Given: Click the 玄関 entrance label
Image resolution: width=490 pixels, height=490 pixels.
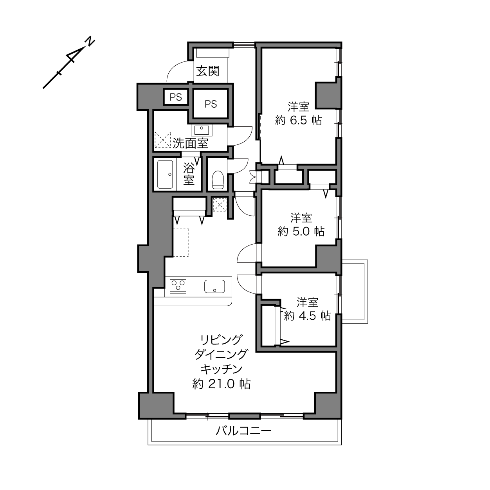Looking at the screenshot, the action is tap(208, 71).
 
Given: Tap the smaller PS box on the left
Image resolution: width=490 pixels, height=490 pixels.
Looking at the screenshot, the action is tap(176, 97).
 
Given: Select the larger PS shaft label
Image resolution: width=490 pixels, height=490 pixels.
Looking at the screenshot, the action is tap(211, 104).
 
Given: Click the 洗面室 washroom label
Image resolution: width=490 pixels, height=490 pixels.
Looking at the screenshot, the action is tap(191, 143).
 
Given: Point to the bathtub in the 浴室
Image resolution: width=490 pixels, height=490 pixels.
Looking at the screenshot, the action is tap(165, 174).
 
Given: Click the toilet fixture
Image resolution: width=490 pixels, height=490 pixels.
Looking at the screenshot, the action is tap(218, 180).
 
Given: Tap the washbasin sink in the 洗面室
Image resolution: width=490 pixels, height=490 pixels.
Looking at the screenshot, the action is tap(202, 130).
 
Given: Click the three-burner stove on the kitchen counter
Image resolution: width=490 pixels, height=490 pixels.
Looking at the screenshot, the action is tap(178, 286).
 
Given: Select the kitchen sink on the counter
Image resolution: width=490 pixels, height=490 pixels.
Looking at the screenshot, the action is tap(214, 286).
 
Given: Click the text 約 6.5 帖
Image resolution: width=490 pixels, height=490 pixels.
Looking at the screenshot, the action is tap(299, 120).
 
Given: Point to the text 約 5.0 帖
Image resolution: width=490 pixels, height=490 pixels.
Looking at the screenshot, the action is tap(301, 231).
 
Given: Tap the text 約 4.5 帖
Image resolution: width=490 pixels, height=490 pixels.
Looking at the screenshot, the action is tap(308, 316).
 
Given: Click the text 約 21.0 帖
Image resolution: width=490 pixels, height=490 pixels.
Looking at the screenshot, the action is tap(222, 384).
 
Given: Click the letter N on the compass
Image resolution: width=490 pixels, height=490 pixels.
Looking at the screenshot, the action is tap(90, 42).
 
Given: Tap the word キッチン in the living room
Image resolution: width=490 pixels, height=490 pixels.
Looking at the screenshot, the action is tap(222, 369).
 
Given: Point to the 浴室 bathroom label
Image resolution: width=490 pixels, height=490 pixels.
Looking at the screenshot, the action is tap(189, 174).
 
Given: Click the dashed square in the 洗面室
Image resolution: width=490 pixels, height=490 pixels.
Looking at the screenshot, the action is tap(163, 140).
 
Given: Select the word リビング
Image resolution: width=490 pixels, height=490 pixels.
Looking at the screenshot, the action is tap(221, 339).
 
